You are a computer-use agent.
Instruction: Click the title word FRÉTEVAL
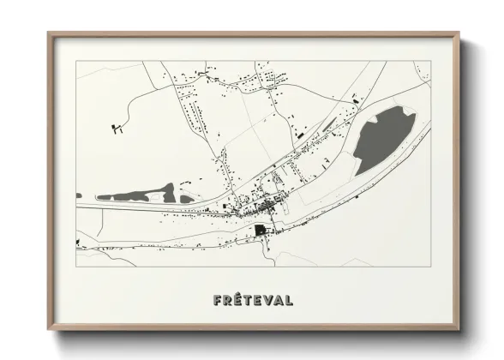tap(252, 301)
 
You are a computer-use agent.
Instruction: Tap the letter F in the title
tap(215, 301)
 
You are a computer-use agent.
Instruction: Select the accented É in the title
tap(237, 300)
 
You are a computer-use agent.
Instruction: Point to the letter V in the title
tap(267, 301)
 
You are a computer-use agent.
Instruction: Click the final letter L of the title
tap(289, 301)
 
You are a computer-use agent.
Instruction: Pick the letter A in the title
tap(278, 301)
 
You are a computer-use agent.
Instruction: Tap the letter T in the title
tap(248, 301)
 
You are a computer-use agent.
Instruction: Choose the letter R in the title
tap(226, 301)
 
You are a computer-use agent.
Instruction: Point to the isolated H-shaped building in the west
tap(117, 129)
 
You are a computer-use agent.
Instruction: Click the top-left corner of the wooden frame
tap(48, 33)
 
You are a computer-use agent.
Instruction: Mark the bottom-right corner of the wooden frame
tap(459, 329)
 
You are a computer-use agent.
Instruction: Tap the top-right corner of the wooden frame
tap(459, 33)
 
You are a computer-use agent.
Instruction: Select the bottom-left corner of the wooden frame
tap(48, 329)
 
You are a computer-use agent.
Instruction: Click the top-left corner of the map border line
tap(76, 61)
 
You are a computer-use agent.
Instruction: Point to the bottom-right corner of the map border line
tap(430, 267)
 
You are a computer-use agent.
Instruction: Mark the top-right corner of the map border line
tap(430, 61)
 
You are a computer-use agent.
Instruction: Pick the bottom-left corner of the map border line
tap(76, 267)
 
